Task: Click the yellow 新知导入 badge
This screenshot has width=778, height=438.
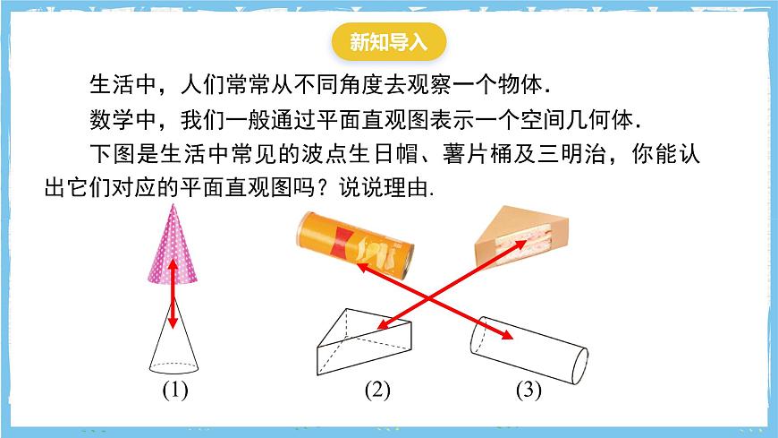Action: [x=388, y=42]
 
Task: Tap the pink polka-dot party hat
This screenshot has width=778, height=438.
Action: [x=173, y=246]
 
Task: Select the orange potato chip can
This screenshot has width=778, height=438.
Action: [x=355, y=245]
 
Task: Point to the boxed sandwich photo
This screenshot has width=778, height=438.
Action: [x=521, y=236]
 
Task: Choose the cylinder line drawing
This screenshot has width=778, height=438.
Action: [x=529, y=350]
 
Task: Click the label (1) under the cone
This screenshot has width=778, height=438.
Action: [x=175, y=390]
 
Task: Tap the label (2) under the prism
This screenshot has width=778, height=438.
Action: [x=377, y=390]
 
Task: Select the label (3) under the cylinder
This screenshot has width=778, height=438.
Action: [x=529, y=390]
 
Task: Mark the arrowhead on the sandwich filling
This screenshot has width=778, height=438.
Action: [x=520, y=245]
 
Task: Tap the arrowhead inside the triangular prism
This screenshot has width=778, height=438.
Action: [x=384, y=325]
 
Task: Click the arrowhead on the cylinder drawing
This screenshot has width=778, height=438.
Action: [x=506, y=335]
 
